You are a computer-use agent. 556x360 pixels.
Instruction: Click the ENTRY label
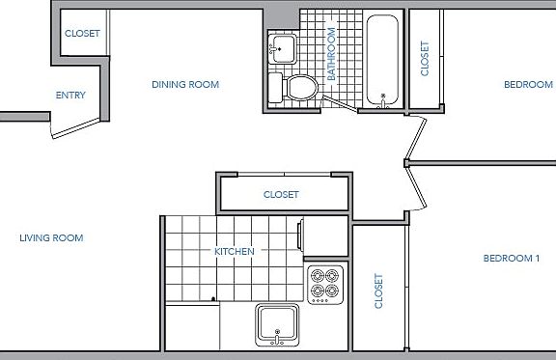70,95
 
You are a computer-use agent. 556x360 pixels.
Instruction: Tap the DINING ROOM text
185,85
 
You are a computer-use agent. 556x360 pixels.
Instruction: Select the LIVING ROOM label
51,237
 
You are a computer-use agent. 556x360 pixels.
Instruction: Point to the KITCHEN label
235,252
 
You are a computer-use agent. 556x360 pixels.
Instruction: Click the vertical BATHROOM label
330,53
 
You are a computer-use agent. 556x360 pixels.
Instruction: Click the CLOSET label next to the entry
82,33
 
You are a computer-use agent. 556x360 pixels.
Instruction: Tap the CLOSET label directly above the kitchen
281,195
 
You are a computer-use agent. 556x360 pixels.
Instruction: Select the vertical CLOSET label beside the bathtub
425,58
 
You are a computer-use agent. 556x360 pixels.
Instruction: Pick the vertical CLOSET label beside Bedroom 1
378,291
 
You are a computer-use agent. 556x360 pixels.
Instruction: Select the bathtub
383,60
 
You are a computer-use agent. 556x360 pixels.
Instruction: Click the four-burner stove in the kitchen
325,283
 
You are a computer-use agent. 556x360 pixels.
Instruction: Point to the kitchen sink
278,324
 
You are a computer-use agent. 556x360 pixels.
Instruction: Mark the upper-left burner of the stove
318,275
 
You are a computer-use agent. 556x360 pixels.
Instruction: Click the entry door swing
75,125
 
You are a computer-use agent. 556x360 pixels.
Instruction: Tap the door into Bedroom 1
417,185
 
